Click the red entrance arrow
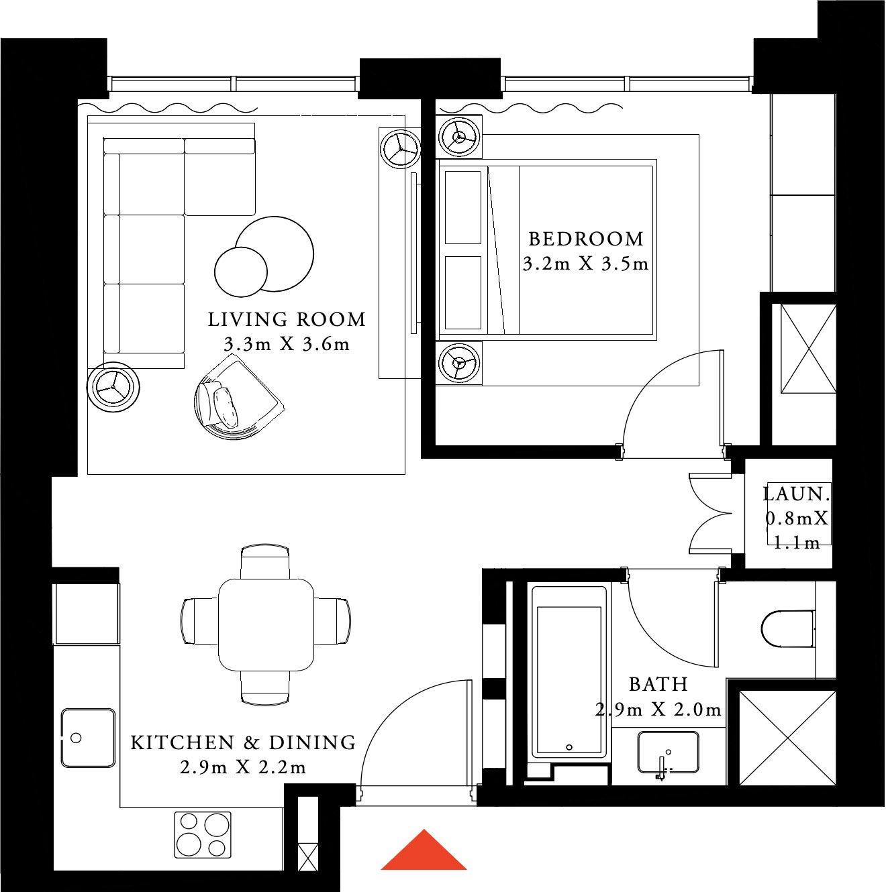point(424,850)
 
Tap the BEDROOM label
point(586,239)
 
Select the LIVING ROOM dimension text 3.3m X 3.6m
point(287,345)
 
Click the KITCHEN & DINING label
point(243,742)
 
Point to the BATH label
point(658,685)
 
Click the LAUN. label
point(797,494)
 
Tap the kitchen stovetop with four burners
point(202,834)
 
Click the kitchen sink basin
point(87,738)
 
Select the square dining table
point(266,624)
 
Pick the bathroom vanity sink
point(668,753)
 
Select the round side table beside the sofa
point(113,387)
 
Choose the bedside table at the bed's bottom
point(459,363)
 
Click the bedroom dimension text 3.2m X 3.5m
point(586,264)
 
